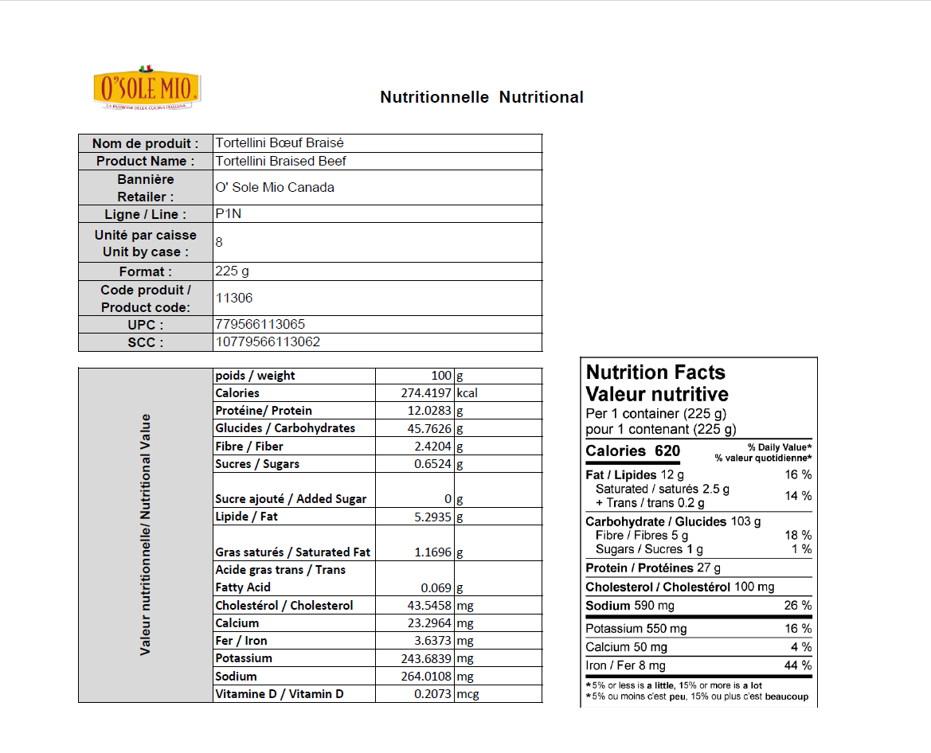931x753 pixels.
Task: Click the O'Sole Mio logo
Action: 147,88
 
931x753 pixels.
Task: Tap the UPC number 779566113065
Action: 260,325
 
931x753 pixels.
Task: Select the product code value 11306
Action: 234,298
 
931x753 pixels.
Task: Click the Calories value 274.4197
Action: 426,393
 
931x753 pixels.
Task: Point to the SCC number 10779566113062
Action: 268,342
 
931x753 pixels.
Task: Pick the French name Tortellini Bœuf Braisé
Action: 280,143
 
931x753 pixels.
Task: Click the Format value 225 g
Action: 232,271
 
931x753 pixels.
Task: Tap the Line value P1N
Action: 228,213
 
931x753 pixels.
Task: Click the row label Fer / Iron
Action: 241,641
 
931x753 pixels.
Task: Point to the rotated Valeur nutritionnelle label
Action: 145,534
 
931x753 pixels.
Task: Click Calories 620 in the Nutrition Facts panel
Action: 632,451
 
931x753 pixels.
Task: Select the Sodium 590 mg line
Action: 630,606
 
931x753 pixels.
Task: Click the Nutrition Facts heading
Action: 655,373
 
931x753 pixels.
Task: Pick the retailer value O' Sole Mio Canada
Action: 275,188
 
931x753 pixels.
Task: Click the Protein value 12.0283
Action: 430,411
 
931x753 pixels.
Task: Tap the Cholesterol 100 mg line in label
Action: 679,587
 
